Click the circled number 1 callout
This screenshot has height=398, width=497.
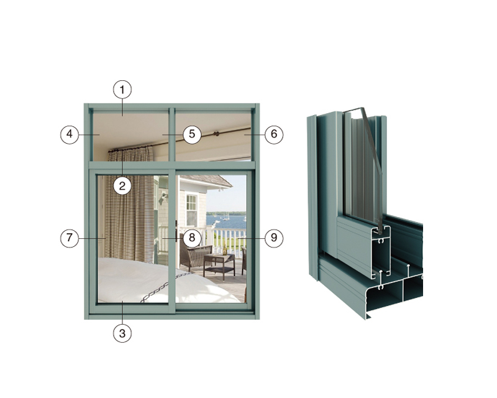tap(122, 90)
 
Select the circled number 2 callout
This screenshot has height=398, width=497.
tap(122, 186)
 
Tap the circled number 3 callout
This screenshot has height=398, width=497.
tap(122, 333)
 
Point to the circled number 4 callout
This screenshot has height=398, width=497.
tap(70, 134)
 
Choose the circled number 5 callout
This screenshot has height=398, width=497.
tap(192, 134)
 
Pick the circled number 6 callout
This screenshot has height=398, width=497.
tap(274, 134)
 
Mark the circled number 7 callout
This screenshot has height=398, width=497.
tap(70, 238)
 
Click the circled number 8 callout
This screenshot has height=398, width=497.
tap(192, 238)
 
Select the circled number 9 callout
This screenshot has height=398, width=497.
tap(274, 238)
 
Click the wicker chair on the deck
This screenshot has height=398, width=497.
tap(194, 254)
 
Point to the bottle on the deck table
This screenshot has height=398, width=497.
tap(225, 249)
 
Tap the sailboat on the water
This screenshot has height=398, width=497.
tap(226, 217)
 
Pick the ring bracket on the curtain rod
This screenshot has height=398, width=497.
tap(217, 134)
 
